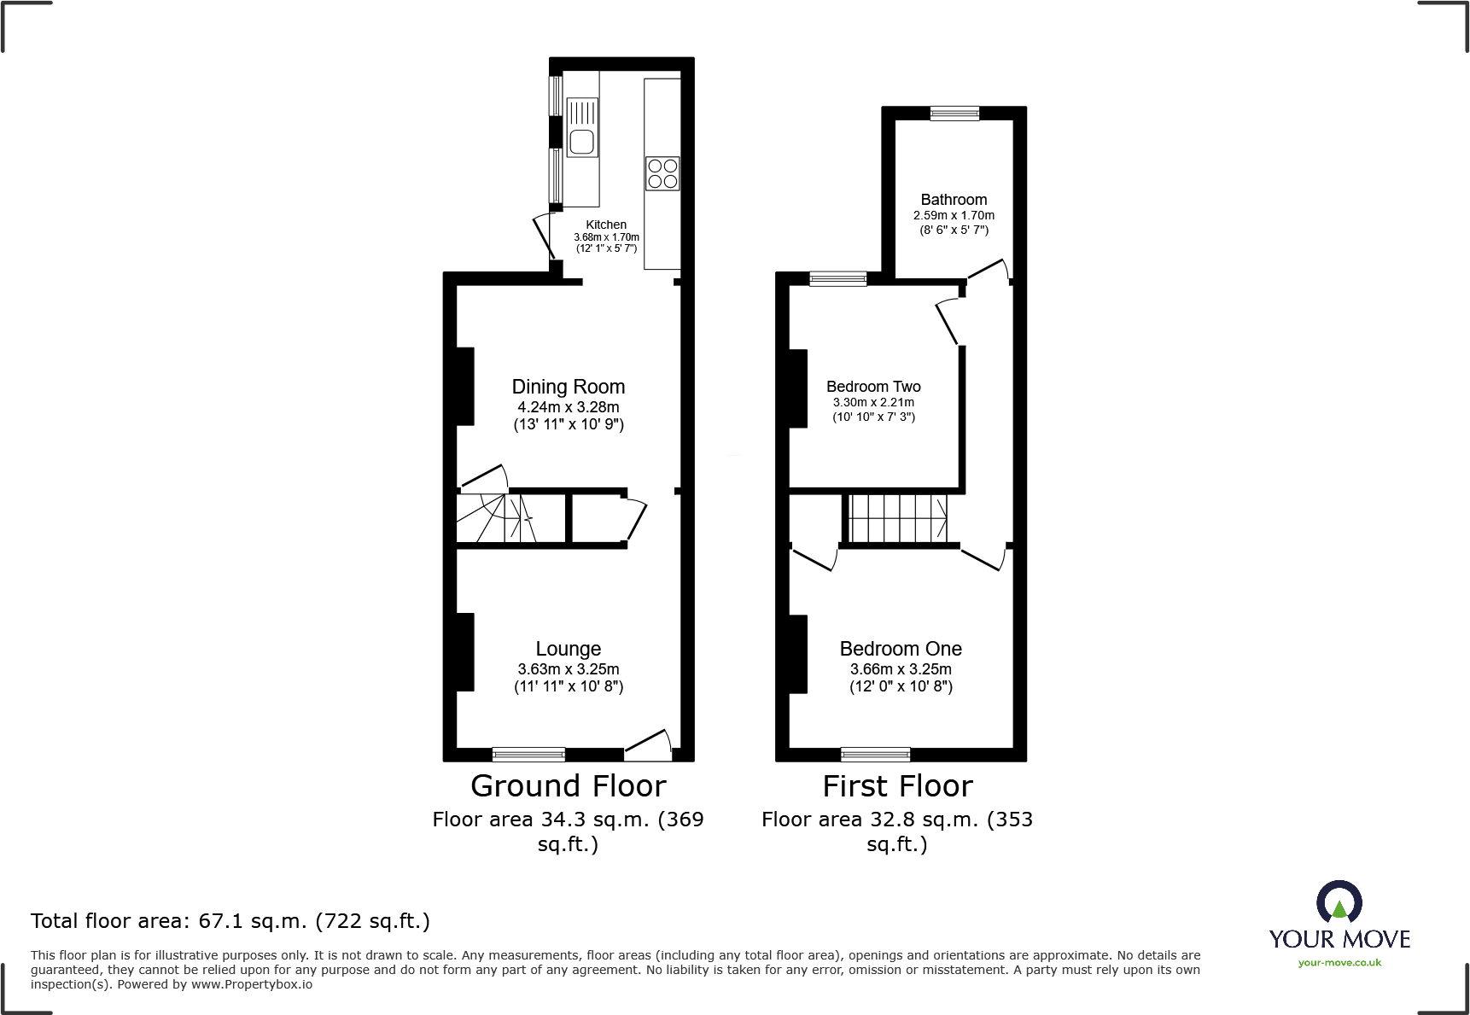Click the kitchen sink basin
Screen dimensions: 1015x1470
581,142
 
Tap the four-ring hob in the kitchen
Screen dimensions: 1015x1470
662,173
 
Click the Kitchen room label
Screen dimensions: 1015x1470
606,225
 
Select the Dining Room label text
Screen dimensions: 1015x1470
569,387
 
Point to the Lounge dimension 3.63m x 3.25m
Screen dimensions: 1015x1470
569,669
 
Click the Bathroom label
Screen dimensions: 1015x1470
954,199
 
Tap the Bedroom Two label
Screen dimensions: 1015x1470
873,387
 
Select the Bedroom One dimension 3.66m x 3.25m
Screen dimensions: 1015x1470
901,669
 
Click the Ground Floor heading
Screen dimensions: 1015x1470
568,785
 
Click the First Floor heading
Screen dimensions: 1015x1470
897,785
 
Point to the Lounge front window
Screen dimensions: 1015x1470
528,754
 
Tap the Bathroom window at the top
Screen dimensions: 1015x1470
954,113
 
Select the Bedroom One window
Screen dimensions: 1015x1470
875,754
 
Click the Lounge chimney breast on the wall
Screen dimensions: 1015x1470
465,652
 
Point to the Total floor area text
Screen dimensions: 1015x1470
230,921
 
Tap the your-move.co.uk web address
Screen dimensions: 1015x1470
1339,963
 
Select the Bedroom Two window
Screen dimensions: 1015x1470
837,278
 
